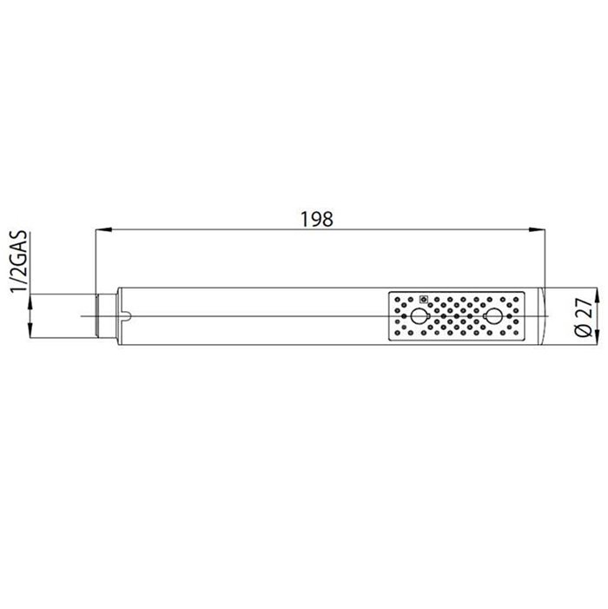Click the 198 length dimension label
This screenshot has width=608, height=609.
[317, 219]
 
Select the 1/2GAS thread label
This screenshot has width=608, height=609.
[19, 261]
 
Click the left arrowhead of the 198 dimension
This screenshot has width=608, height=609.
[103, 229]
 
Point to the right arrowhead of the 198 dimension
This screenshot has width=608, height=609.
[537, 229]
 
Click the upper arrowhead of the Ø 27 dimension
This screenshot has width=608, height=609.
[597, 296]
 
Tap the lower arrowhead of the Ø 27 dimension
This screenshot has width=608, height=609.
[597, 336]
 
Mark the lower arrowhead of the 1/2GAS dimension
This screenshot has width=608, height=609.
[30, 330]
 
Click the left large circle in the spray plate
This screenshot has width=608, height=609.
[418, 316]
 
